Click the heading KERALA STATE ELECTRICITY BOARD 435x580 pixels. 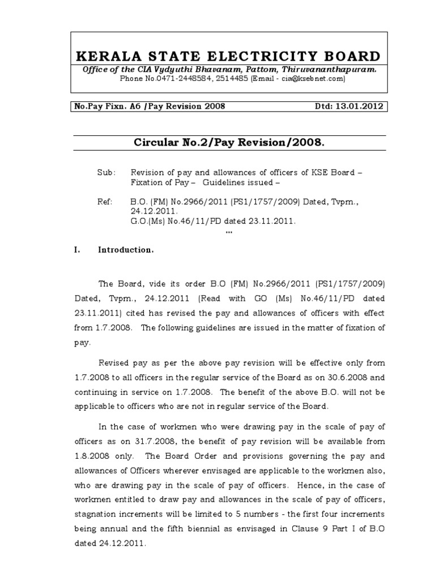coord(229,56)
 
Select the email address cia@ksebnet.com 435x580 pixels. coord(310,79)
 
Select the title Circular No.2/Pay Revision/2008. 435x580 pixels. coord(229,143)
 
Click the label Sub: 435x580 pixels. coord(106,172)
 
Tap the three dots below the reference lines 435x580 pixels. coord(229,233)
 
